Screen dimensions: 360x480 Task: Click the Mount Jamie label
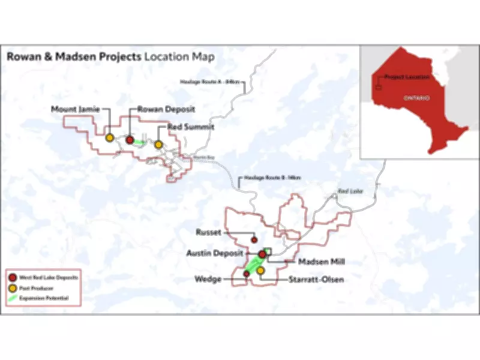76,109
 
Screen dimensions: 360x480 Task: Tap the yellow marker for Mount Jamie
110,137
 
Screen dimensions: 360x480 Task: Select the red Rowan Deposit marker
130,140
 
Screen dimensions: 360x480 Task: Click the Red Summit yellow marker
158,145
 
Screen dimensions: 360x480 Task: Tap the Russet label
209,232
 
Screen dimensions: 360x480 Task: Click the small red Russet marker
254,239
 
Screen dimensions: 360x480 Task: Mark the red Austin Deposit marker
262,254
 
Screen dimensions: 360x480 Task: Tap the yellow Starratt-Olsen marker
260,271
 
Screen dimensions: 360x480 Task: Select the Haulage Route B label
269,178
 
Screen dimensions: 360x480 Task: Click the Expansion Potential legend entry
44,298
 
